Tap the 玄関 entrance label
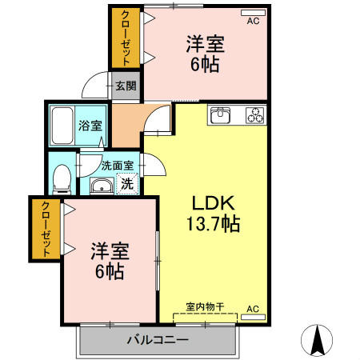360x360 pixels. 126,85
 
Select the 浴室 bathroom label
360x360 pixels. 89,126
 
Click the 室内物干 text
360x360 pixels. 204,306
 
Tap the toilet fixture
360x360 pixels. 62,178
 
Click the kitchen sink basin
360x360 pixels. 221,115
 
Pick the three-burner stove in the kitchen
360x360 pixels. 254,115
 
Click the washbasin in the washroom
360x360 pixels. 101,186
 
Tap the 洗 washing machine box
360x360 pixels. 127,184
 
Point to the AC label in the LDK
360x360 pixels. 253,308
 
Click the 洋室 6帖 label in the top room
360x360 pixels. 205,53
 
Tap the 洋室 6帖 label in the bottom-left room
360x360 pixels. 106,261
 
